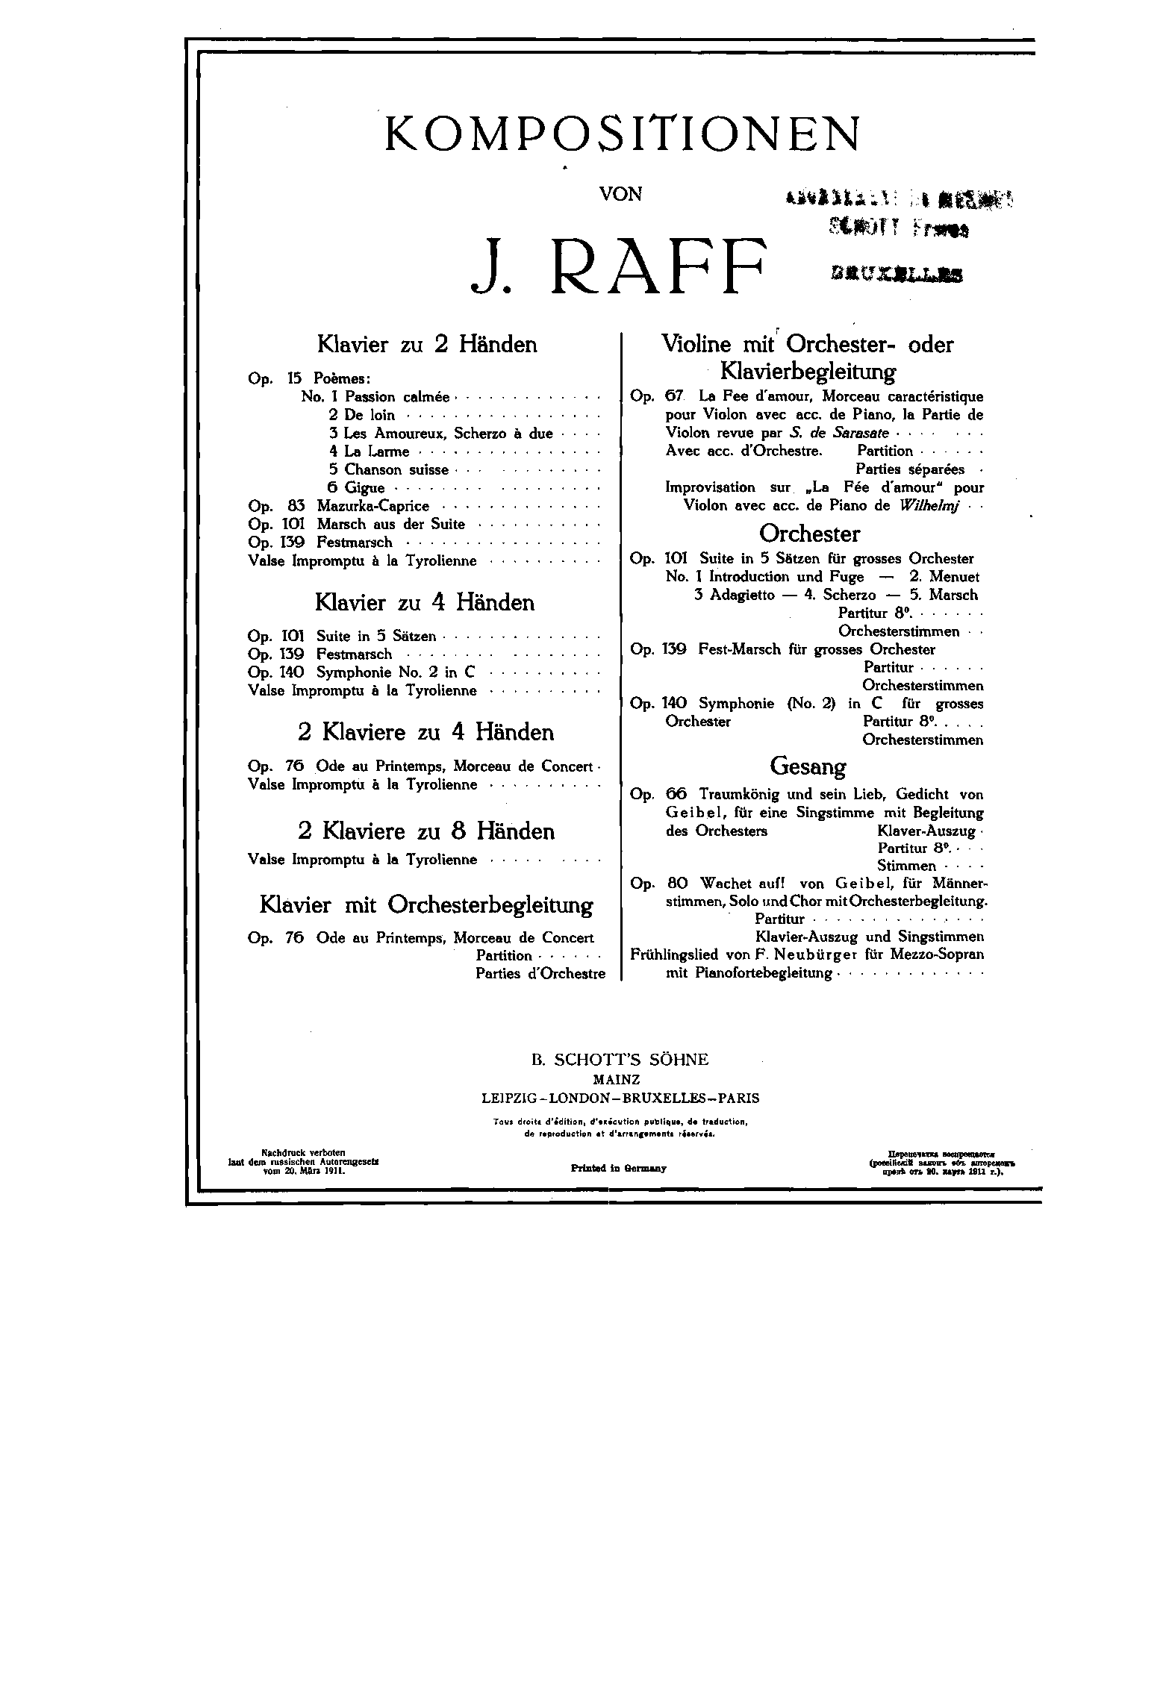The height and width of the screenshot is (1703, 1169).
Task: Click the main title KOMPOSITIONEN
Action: [x=621, y=134]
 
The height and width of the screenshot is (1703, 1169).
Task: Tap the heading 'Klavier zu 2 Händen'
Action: [x=427, y=345]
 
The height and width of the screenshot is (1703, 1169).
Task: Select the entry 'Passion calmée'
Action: [x=397, y=397]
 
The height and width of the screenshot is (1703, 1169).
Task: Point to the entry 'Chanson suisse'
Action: [x=396, y=469]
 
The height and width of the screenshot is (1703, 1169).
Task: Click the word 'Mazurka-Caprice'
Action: [x=372, y=506]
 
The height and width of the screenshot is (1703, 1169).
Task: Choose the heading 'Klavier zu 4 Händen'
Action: [x=425, y=602]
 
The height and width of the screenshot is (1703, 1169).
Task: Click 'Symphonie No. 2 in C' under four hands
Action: [x=396, y=672]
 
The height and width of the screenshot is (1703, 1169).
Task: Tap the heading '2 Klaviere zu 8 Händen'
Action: [x=425, y=831]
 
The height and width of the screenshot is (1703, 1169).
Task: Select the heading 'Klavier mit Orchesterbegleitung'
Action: [x=426, y=905]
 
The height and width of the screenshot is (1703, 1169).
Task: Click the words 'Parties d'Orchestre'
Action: [x=540, y=974]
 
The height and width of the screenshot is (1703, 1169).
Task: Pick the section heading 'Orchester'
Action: [x=809, y=534]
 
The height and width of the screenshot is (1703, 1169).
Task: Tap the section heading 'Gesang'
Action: [x=808, y=766]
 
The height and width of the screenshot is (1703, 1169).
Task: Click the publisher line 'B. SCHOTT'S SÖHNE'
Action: [x=620, y=1060]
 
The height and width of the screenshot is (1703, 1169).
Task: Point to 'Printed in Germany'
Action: [x=618, y=1169]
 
